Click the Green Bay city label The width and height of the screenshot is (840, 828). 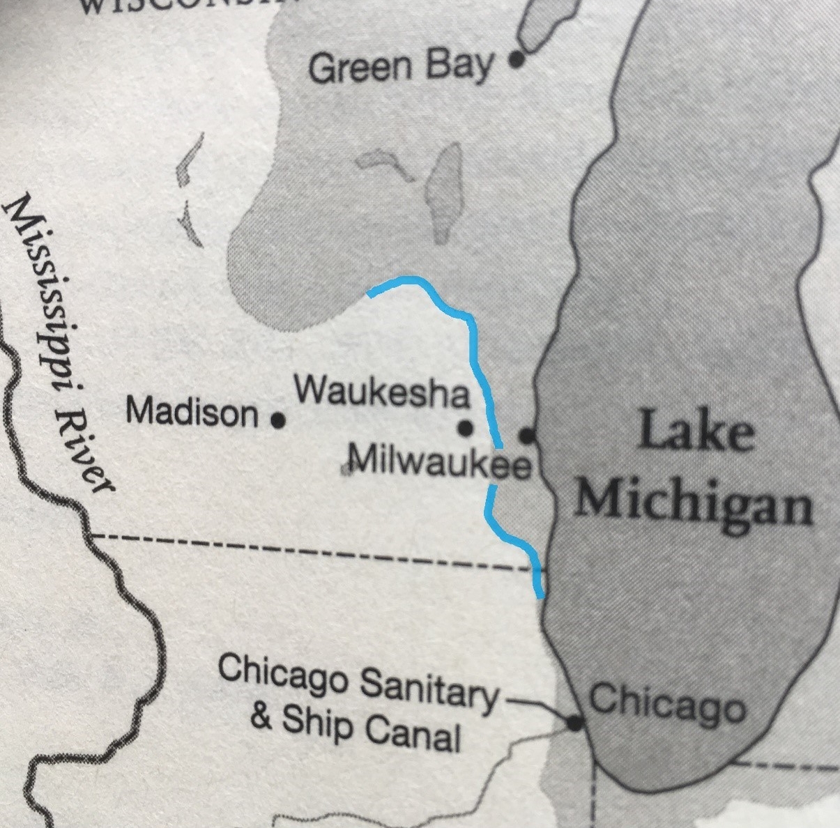click(x=401, y=68)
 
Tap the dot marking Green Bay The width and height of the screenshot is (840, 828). click(x=516, y=60)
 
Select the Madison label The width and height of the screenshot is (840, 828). click(x=192, y=412)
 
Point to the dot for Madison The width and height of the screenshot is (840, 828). click(x=278, y=420)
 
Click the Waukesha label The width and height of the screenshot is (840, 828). click(x=382, y=392)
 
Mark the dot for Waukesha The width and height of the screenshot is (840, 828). click(x=466, y=427)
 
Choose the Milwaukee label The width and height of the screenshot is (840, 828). click(x=439, y=462)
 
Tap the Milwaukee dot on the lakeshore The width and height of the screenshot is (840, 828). click(x=528, y=436)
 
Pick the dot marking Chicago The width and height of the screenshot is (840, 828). click(x=574, y=723)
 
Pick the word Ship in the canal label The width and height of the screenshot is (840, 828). click(x=317, y=724)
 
